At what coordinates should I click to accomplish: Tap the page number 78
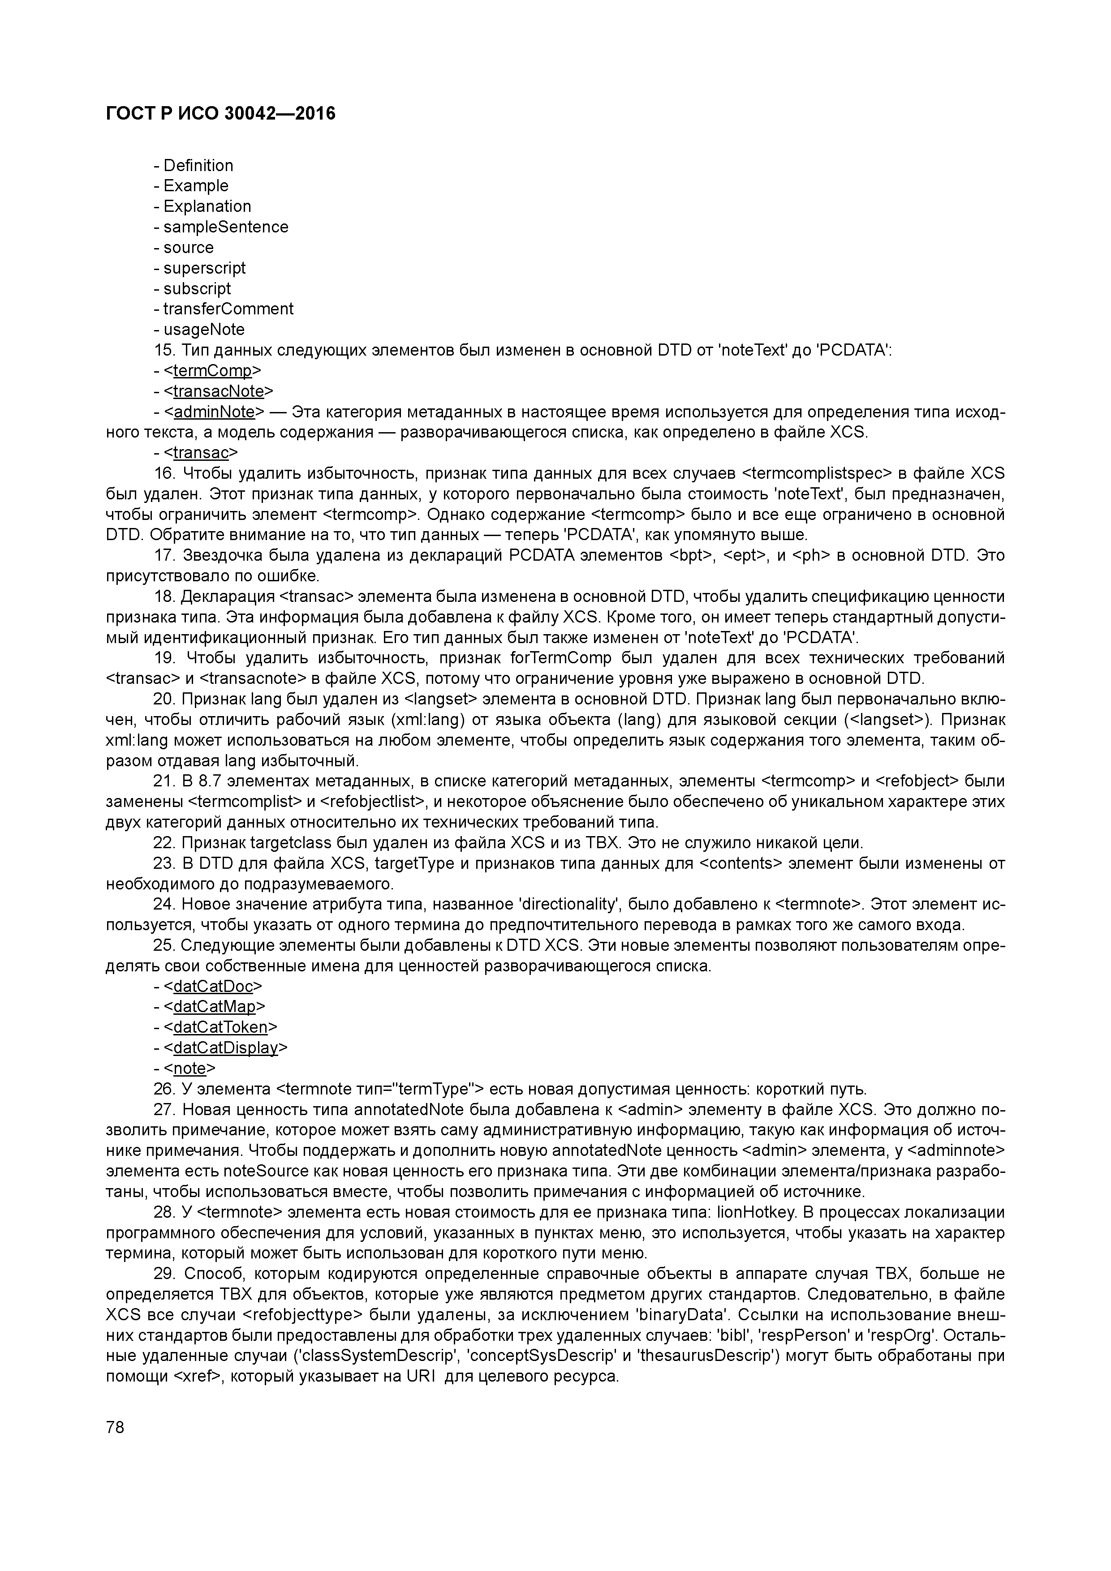click(115, 1427)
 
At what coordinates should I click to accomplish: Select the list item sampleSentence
click(225, 227)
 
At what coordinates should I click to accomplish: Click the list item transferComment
click(228, 309)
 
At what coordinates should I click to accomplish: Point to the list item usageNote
click(203, 330)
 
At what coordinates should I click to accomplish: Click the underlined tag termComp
click(212, 371)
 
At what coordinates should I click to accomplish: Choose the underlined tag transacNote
click(218, 391)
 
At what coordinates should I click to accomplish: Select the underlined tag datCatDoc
click(213, 986)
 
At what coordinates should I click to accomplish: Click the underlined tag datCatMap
click(214, 1007)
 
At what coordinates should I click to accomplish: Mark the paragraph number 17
click(164, 556)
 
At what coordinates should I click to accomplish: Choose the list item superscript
click(204, 268)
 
